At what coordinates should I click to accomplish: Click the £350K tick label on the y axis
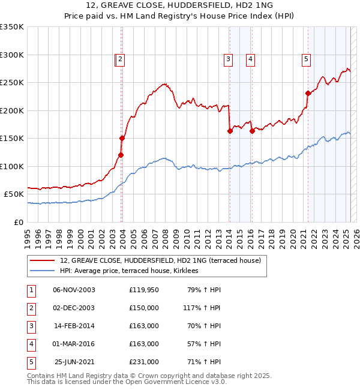pyautogui.click(x=12, y=27)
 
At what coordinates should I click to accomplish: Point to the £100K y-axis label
pyautogui.click(x=12, y=166)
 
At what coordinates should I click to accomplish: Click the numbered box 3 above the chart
pyautogui.click(x=229, y=59)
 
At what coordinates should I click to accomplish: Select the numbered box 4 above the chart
pyautogui.click(x=250, y=59)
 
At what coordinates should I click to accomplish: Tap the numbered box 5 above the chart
pyautogui.click(x=306, y=59)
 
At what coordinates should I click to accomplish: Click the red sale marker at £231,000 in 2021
pyautogui.click(x=308, y=93)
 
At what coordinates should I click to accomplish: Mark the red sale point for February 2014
pyautogui.click(x=230, y=131)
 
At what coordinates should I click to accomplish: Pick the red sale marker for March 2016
pyautogui.click(x=252, y=131)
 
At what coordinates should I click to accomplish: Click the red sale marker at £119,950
pyautogui.click(x=121, y=155)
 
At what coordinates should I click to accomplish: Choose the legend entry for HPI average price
pyautogui.click(x=133, y=271)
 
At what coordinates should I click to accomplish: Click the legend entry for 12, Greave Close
pyautogui.click(x=160, y=260)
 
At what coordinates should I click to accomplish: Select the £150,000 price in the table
pyautogui.click(x=143, y=308)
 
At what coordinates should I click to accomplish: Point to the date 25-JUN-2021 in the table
pyautogui.click(x=74, y=362)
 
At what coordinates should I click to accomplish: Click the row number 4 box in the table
pyautogui.click(x=30, y=344)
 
